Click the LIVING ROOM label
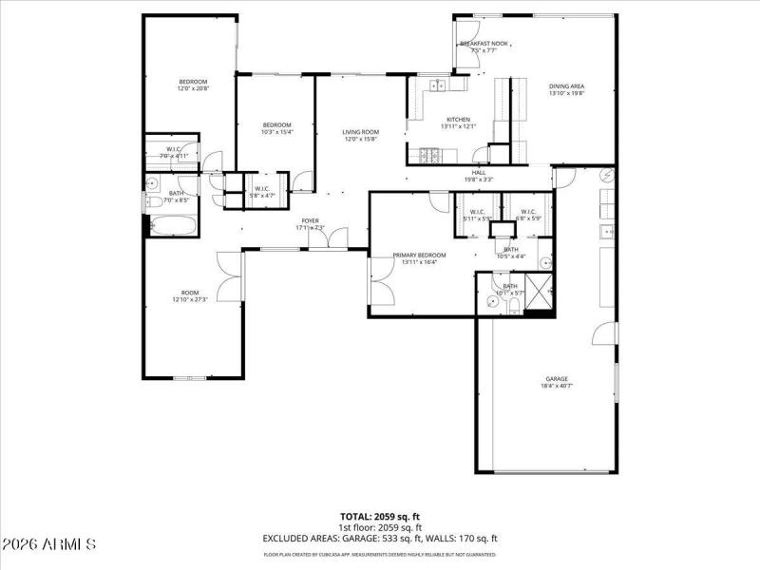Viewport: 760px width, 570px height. pos(361,135)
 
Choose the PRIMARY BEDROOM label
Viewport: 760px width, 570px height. pos(419,257)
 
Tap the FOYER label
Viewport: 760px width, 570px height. pos(311,223)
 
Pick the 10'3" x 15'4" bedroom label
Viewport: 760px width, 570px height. pos(276,128)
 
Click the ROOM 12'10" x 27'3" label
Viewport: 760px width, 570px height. pos(191,295)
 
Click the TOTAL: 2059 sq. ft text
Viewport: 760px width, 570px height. pos(380,516)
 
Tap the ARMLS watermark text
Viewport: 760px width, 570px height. pos(49,544)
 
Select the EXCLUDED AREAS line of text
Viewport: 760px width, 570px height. pos(380,538)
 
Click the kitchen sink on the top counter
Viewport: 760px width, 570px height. pos(438,86)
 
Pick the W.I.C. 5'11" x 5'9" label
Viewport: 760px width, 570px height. pos(478,215)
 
